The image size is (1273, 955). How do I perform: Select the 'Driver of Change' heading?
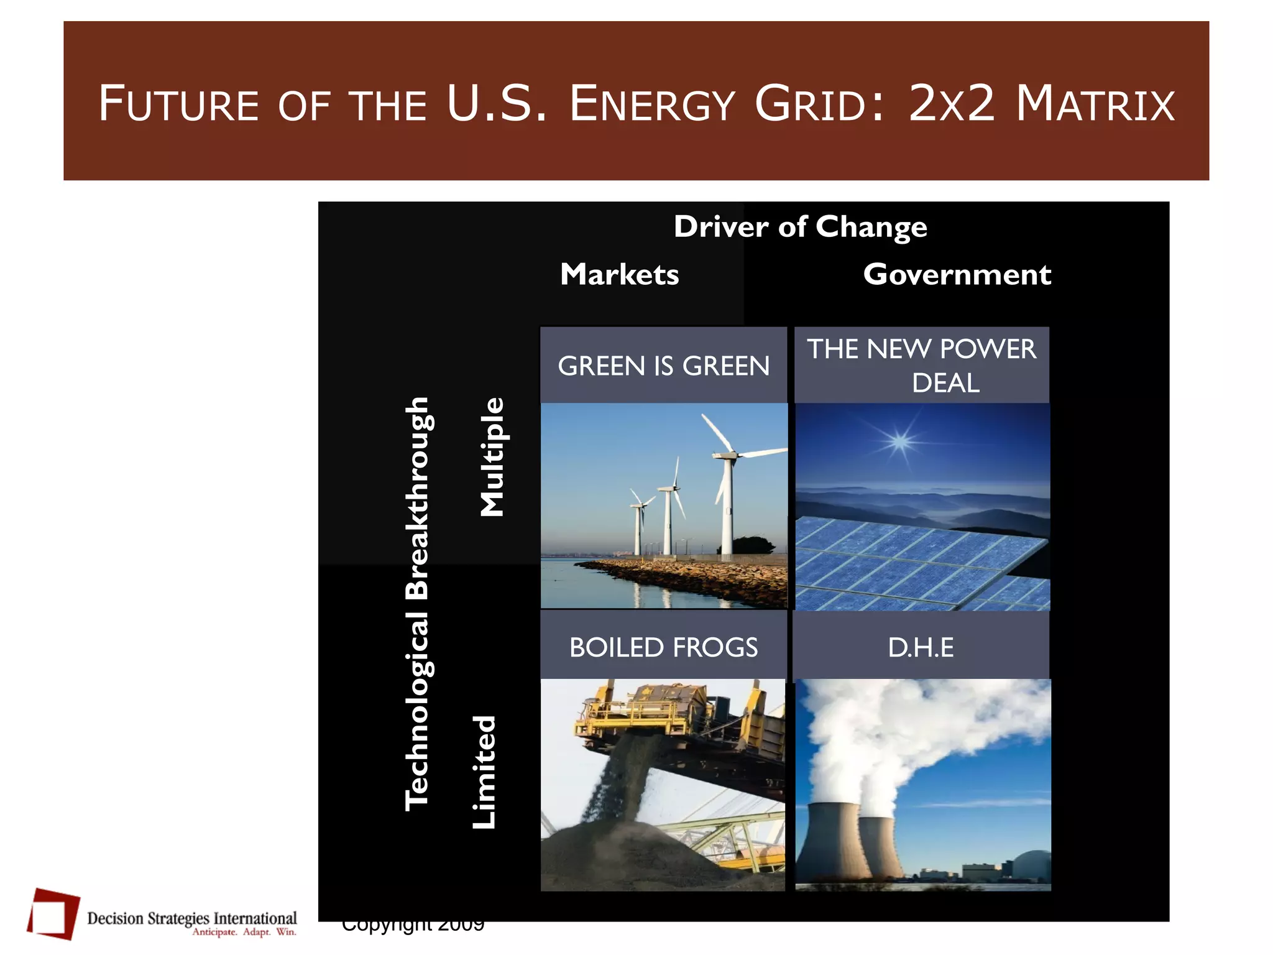click(x=800, y=227)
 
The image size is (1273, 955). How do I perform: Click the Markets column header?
click(x=619, y=275)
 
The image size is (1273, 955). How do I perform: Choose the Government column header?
click(x=957, y=275)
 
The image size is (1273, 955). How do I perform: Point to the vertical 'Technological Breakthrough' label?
click(x=417, y=603)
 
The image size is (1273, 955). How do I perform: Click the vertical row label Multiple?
click(x=492, y=457)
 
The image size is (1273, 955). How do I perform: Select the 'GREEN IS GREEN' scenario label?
click(x=663, y=366)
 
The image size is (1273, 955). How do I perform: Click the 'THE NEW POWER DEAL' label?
click(x=921, y=366)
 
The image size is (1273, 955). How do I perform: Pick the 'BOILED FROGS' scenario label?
click(x=663, y=648)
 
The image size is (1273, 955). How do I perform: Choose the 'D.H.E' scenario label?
click(x=921, y=648)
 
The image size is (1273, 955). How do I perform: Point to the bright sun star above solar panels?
click(x=899, y=442)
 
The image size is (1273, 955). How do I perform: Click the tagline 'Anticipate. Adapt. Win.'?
click(x=244, y=932)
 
